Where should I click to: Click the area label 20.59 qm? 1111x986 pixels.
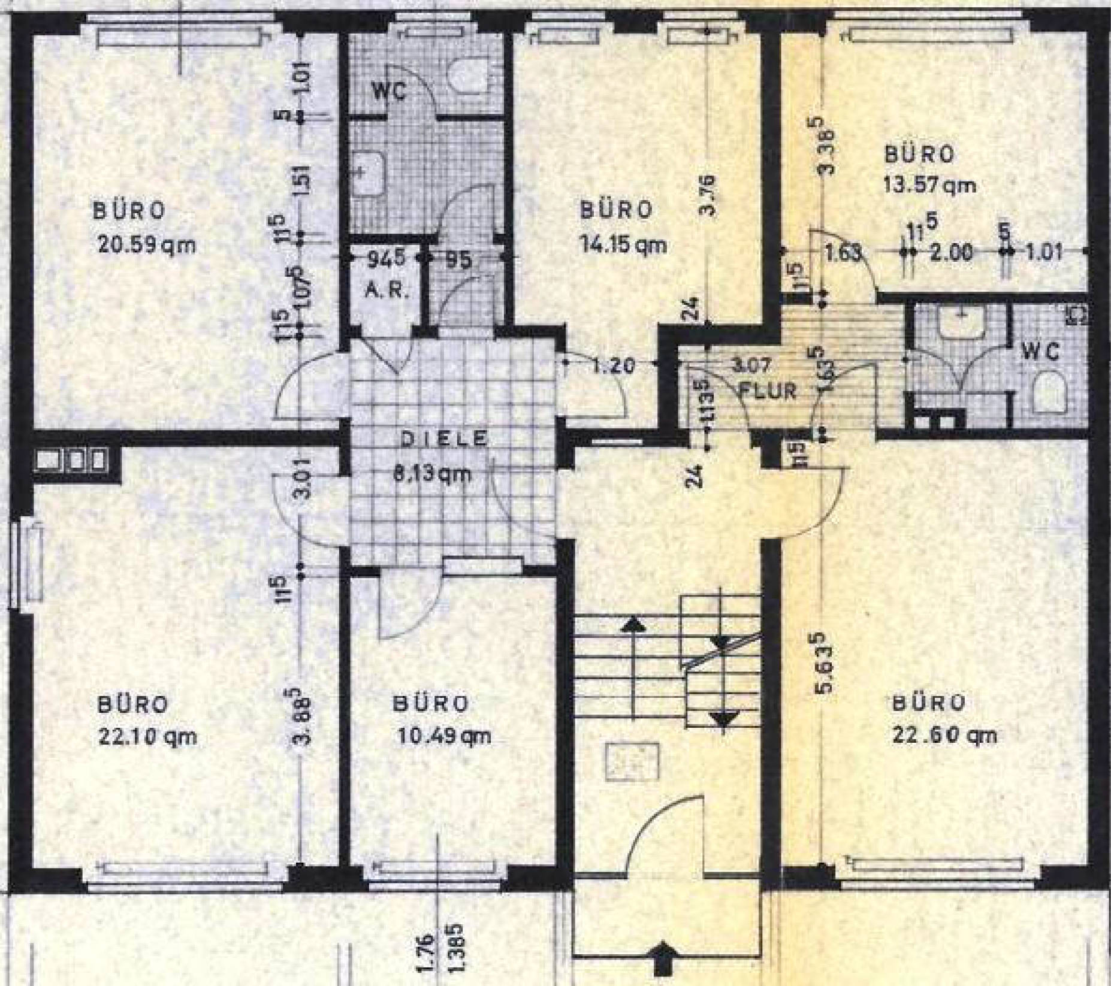[x=146, y=245]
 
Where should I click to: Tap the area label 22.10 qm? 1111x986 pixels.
[x=147, y=736]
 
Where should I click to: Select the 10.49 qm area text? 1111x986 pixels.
[x=444, y=736]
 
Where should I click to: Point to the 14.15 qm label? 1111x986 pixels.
[x=623, y=244]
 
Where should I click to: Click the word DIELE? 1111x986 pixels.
[x=444, y=439]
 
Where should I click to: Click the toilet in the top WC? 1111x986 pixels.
[x=467, y=78]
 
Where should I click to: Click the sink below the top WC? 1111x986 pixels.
[x=367, y=174]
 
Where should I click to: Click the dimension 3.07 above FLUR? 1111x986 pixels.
[x=757, y=364]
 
